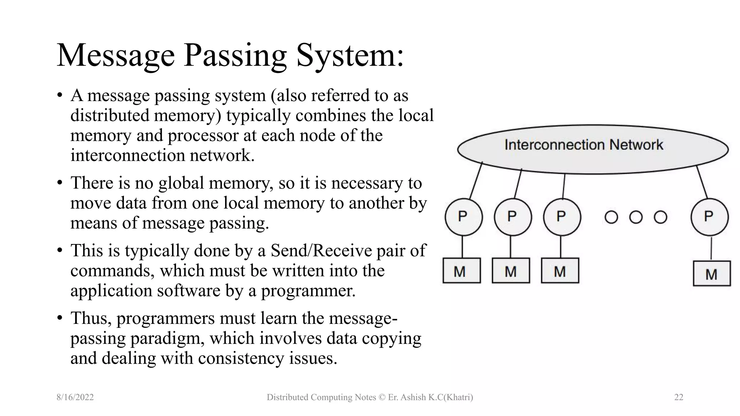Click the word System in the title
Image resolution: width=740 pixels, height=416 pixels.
[x=350, y=56]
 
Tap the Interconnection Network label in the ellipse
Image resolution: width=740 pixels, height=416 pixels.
[x=584, y=145]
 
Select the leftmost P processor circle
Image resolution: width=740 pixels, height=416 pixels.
[x=464, y=217]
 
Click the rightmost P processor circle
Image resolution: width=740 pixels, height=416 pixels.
[x=709, y=217]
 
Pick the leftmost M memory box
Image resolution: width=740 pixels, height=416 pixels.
[x=461, y=270]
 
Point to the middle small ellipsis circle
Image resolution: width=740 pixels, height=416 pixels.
[x=636, y=217]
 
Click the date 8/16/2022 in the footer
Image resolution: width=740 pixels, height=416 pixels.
[x=75, y=397]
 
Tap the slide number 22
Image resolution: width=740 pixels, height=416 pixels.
[x=679, y=397]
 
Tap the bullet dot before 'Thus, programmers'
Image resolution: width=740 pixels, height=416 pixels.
[x=60, y=318]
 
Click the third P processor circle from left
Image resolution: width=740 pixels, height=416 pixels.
[x=562, y=217]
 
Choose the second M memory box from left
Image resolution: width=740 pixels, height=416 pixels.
[x=511, y=270]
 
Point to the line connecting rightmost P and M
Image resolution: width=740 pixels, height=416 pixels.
[x=711, y=248]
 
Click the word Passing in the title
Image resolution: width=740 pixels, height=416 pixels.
[x=235, y=56]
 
